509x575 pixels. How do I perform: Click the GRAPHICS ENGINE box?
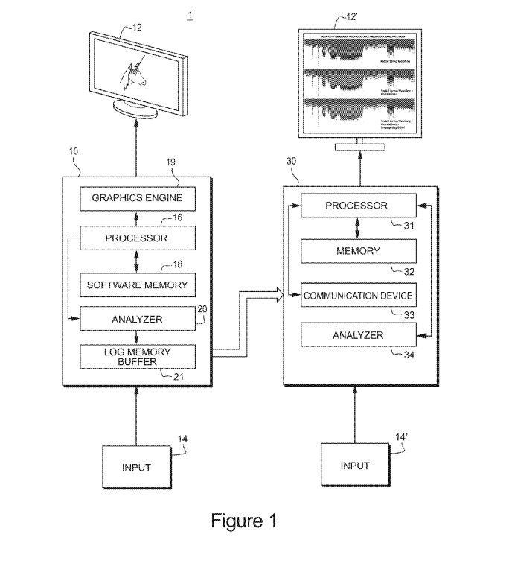(136, 198)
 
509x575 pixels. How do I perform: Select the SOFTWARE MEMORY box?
(136, 285)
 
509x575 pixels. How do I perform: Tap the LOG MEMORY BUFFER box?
(136, 357)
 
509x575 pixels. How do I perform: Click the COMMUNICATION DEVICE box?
(357, 296)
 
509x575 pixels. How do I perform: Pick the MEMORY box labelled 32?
(357, 251)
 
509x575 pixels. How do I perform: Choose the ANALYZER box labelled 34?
(357, 335)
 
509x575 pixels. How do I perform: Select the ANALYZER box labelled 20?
(136, 319)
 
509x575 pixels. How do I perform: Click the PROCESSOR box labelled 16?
(136, 238)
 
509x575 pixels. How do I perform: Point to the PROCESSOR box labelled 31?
(357, 206)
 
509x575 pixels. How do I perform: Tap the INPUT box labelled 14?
(136, 468)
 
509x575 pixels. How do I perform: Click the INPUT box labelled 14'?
(355, 466)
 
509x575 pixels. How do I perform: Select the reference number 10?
(73, 151)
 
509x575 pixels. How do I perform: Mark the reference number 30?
(292, 159)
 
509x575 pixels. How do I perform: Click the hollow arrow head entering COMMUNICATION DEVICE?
(279, 296)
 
